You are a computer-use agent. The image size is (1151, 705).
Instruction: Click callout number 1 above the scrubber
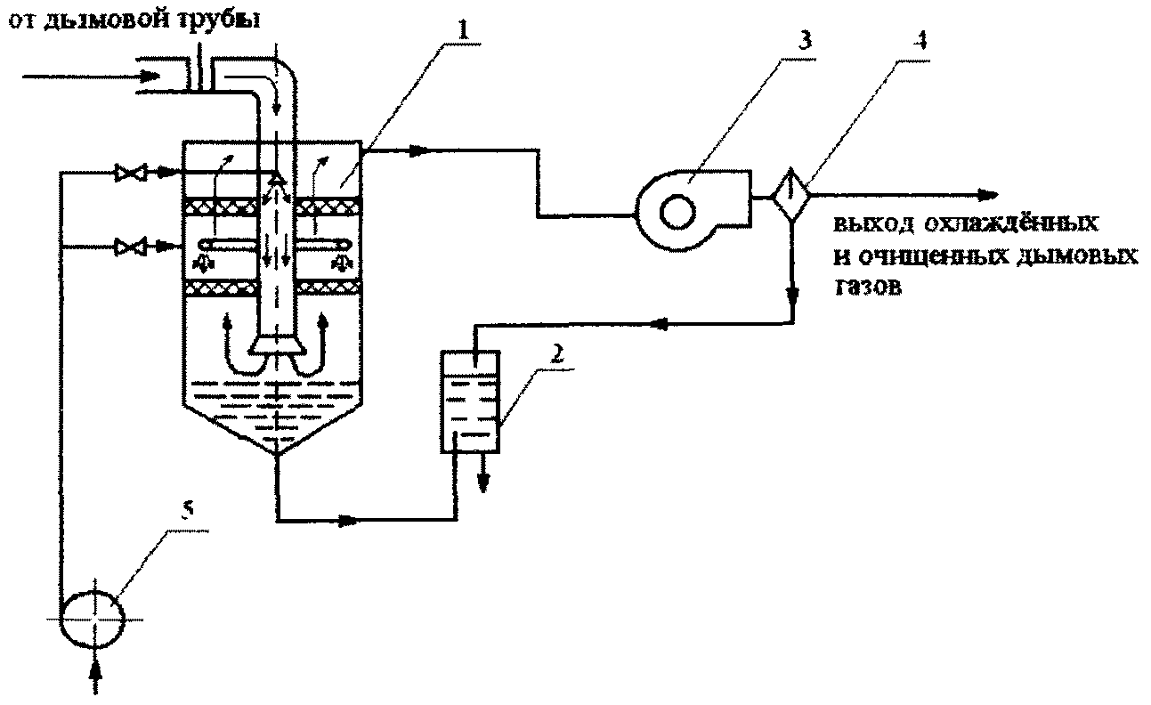click(x=463, y=30)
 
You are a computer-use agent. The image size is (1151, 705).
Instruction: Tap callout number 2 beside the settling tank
click(x=557, y=354)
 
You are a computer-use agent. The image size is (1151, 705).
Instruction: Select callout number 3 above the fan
click(x=804, y=39)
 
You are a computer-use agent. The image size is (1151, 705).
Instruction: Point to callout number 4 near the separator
click(x=921, y=39)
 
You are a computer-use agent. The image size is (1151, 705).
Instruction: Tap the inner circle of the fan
click(x=677, y=212)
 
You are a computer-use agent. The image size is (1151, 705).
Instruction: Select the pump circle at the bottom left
click(x=93, y=619)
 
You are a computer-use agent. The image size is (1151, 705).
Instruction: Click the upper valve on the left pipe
click(x=131, y=173)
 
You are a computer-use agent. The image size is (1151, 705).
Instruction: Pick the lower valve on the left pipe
click(x=131, y=247)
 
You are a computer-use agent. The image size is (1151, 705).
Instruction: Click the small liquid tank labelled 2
click(x=470, y=401)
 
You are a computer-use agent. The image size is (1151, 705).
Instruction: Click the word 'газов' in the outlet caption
click(x=868, y=287)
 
